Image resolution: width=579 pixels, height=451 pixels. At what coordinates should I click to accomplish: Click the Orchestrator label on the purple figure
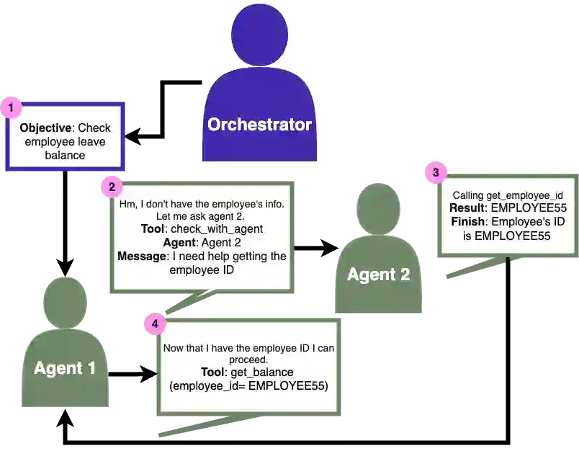click(259, 125)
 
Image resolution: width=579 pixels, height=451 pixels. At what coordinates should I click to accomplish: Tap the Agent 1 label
click(64, 368)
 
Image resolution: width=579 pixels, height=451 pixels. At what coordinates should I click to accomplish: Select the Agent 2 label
click(378, 274)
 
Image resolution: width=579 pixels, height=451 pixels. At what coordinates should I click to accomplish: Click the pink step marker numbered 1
click(10, 108)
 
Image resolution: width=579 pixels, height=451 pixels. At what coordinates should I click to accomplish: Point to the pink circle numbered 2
click(111, 188)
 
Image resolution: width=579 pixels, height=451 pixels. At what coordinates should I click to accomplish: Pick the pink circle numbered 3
click(434, 172)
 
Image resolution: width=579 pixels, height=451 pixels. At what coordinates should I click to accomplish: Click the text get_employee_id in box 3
click(526, 196)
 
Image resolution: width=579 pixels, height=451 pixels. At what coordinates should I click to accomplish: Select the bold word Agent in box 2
click(179, 243)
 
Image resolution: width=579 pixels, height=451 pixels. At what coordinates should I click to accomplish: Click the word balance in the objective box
click(65, 155)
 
